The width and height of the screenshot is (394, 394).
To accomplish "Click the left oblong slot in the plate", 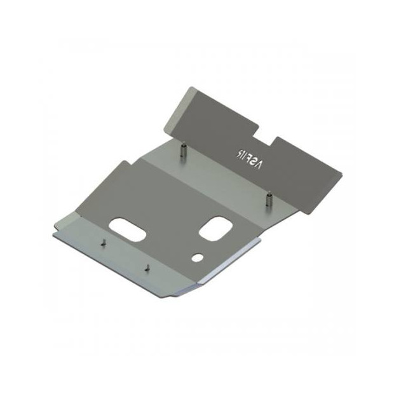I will click(x=128, y=230).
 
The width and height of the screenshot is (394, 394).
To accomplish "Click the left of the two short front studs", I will click(x=101, y=241).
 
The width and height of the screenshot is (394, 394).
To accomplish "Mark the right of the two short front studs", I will click(x=146, y=268).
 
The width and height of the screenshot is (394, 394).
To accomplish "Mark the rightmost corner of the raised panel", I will click(x=341, y=172).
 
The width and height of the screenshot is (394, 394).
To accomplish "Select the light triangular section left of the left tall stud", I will click(x=159, y=153).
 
